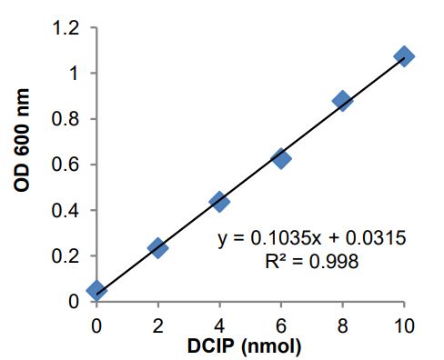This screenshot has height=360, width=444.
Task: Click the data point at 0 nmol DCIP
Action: click(96, 290)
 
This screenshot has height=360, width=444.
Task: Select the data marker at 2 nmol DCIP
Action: click(157, 247)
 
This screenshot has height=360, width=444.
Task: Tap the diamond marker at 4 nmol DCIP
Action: click(219, 201)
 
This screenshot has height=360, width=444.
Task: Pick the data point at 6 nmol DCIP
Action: click(281, 158)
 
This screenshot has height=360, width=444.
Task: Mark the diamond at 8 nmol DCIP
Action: click(342, 100)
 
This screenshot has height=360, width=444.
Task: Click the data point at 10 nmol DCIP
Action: click(404, 56)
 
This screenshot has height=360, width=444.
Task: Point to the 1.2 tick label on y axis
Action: click(72, 28)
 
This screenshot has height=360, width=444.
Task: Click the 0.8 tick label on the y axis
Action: click(72, 119)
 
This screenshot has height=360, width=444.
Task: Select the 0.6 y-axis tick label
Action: click(72, 165)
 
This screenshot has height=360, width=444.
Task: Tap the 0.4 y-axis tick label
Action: click(72, 210)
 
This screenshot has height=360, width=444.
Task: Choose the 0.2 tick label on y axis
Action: click(72, 255)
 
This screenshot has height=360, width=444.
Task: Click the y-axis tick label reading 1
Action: click(80, 74)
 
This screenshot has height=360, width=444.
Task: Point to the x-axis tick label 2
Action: click(157, 323)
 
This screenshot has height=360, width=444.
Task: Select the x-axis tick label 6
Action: click(281, 323)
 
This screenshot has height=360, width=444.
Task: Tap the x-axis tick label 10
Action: click(404, 323)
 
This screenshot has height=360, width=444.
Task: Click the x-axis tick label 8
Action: click(342, 323)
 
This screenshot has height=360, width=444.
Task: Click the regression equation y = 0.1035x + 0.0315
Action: click(311, 238)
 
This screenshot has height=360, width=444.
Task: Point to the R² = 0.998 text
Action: click(311, 262)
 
